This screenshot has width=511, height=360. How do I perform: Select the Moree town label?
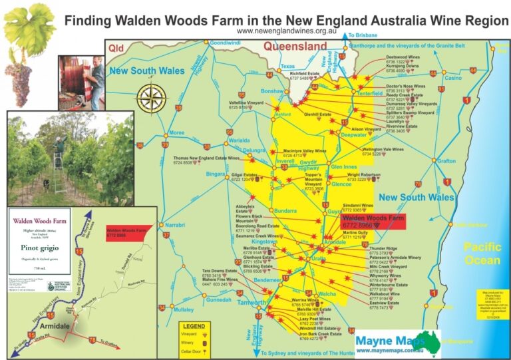click(176, 132)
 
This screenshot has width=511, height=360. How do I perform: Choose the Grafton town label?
click(446, 160)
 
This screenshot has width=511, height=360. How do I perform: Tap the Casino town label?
click(452, 78)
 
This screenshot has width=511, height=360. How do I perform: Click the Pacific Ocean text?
click(482, 254)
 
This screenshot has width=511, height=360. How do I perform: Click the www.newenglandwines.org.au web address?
click(284, 31)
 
